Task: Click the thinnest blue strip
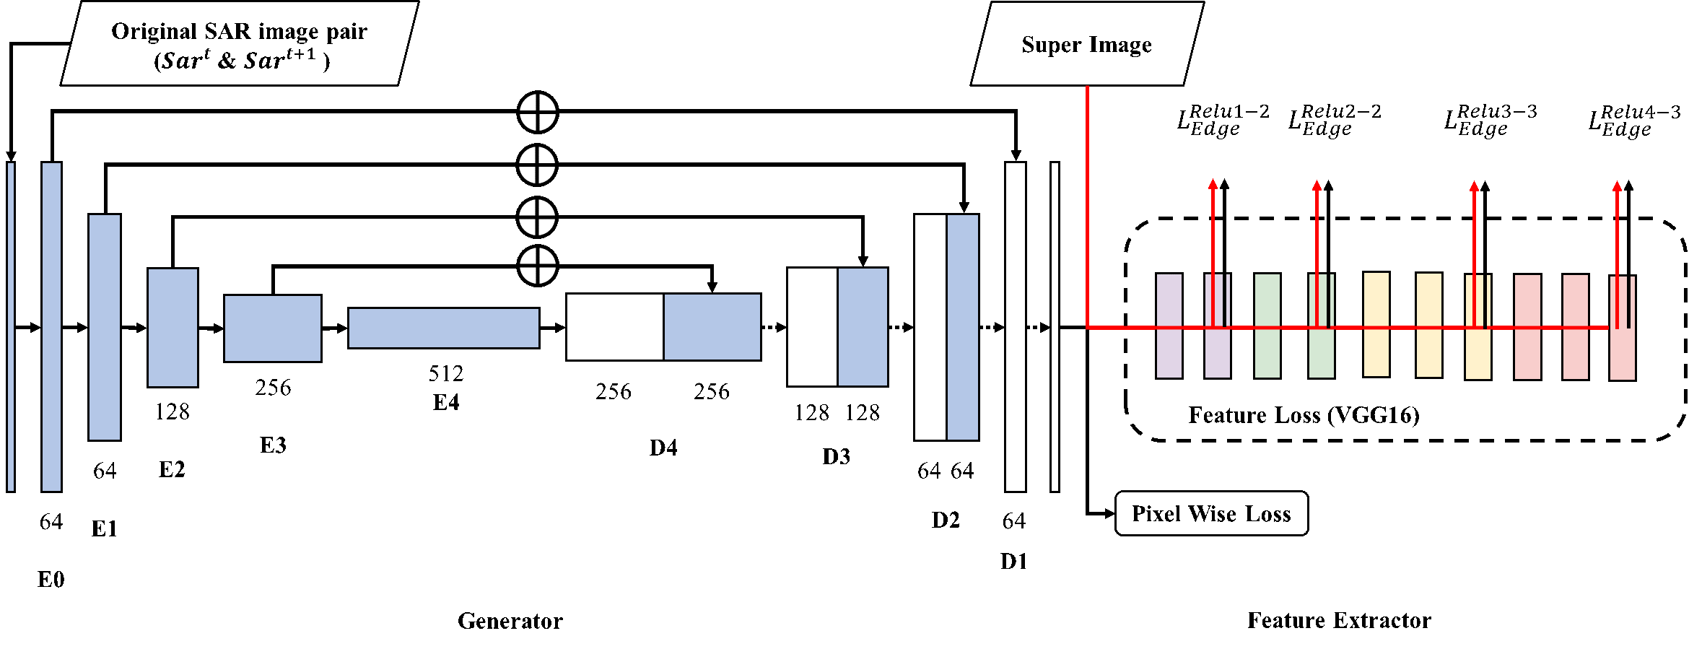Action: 11,326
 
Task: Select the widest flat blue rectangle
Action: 443,328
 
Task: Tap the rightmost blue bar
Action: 962,327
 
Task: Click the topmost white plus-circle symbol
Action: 538,113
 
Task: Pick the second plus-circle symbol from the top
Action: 537,165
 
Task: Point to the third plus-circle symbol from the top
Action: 537,217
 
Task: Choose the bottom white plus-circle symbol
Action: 538,266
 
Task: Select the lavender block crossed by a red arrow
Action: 1218,354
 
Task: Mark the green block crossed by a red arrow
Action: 1322,354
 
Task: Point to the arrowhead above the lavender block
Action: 1213,184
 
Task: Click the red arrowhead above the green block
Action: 1317,186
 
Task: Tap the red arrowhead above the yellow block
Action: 1475,186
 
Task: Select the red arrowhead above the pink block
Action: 1618,186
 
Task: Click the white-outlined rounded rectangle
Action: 1305,414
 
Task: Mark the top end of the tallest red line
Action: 1088,87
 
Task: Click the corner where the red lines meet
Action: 1088,328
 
